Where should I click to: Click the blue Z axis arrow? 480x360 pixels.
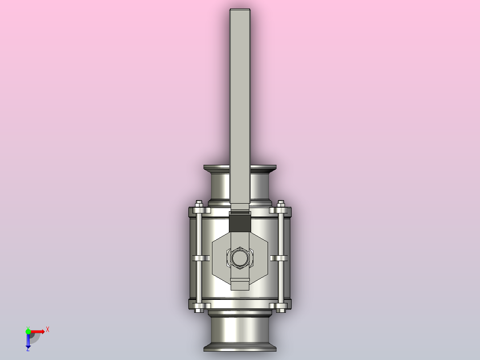28,341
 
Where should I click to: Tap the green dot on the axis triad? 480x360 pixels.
28,331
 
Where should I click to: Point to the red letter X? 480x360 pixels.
48,330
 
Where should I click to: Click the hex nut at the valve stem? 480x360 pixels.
240,258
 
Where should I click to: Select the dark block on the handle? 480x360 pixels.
240,222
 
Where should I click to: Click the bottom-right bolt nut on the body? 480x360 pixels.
281,307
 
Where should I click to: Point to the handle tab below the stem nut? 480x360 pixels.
240,285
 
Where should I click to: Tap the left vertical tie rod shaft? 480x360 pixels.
198,236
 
